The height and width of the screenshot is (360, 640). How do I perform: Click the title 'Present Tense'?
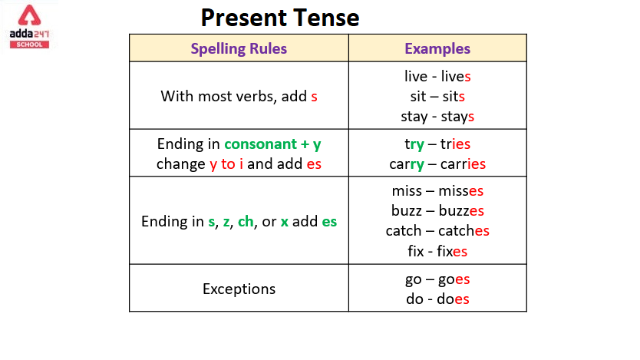tap(280, 18)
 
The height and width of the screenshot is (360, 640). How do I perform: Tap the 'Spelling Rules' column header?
tap(239, 48)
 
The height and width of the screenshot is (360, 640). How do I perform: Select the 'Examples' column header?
tap(437, 48)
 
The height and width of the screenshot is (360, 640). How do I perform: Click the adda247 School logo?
tap(29, 27)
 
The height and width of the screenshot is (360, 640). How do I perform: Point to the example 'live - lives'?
tap(437, 76)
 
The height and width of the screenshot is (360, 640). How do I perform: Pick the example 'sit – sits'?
tap(437, 96)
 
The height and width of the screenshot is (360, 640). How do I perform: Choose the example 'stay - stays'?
tap(437, 117)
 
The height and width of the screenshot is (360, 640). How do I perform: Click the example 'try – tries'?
tap(437, 144)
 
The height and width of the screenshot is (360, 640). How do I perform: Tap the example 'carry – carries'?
tap(437, 164)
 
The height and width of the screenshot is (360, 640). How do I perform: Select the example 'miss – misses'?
tap(437, 191)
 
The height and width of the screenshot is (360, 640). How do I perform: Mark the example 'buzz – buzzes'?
tap(437, 211)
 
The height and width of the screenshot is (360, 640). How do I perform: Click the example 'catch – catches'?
tap(437, 231)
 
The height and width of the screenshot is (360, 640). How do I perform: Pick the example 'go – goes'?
tap(437, 279)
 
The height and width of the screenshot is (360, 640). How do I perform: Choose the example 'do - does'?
tap(437, 299)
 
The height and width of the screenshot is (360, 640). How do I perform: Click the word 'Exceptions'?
tap(239, 289)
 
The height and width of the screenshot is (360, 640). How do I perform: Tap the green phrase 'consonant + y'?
tap(272, 144)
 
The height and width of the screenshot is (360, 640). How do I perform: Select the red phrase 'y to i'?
tap(226, 164)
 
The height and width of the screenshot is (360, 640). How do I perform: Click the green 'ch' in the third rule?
tap(246, 222)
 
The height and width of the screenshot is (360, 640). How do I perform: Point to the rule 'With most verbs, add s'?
tap(239, 97)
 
